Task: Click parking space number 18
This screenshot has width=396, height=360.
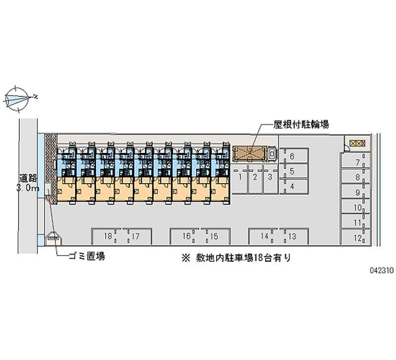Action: click(x=107, y=237)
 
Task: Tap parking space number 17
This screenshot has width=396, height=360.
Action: click(x=135, y=237)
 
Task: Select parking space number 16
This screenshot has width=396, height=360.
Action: click(x=186, y=237)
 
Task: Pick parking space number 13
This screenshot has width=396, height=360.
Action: click(x=292, y=237)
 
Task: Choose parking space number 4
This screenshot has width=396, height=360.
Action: click(x=292, y=186)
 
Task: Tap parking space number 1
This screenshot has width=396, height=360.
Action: click(x=240, y=176)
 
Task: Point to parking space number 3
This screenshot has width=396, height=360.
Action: click(x=270, y=176)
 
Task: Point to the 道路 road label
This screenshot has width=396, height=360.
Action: click(x=28, y=178)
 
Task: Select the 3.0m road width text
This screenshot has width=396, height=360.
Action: click(x=28, y=188)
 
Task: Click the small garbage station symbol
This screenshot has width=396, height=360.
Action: click(x=52, y=237)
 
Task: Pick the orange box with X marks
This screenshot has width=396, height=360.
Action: click(x=356, y=143)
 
